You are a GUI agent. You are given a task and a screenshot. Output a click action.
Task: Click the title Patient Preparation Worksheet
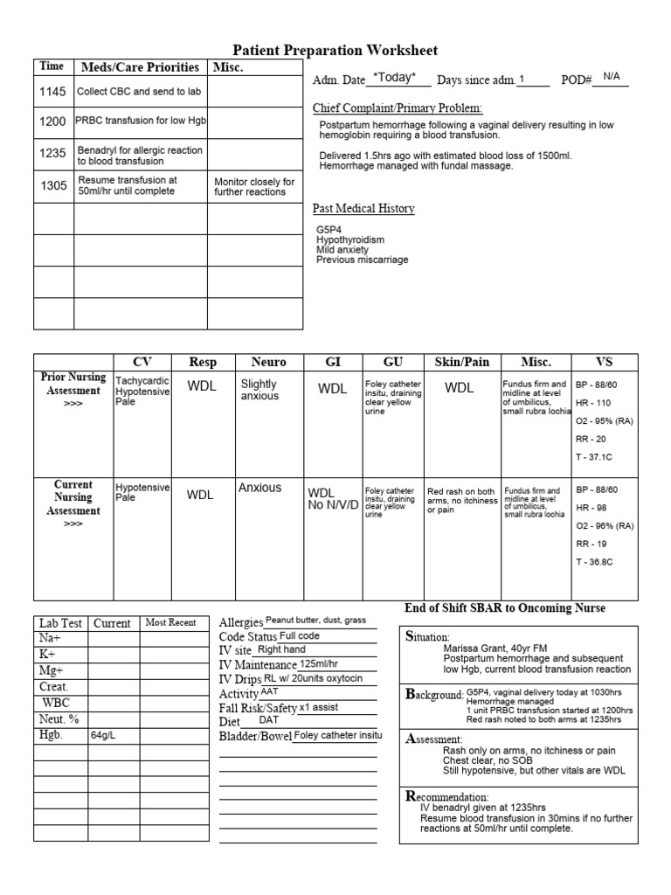335,51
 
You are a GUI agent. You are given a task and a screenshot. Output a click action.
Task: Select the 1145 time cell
52,91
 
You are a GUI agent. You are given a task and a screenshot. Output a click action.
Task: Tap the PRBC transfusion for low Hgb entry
141,121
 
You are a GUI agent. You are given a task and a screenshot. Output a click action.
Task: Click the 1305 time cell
52,185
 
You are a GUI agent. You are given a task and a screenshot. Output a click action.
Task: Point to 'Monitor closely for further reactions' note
254,186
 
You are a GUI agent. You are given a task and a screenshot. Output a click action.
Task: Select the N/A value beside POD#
612,78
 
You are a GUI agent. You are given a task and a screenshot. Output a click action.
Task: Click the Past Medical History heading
363,209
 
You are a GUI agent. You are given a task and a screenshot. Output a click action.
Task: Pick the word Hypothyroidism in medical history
350,239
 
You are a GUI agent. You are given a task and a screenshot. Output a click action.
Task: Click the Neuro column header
268,362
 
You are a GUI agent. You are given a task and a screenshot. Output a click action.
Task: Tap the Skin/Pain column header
460,362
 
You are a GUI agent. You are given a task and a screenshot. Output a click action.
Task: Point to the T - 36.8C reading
595,561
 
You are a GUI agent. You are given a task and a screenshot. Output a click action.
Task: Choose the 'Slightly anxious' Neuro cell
259,390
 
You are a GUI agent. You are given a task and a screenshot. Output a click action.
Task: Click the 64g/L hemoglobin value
103,736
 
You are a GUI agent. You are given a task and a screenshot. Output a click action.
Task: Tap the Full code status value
300,635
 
